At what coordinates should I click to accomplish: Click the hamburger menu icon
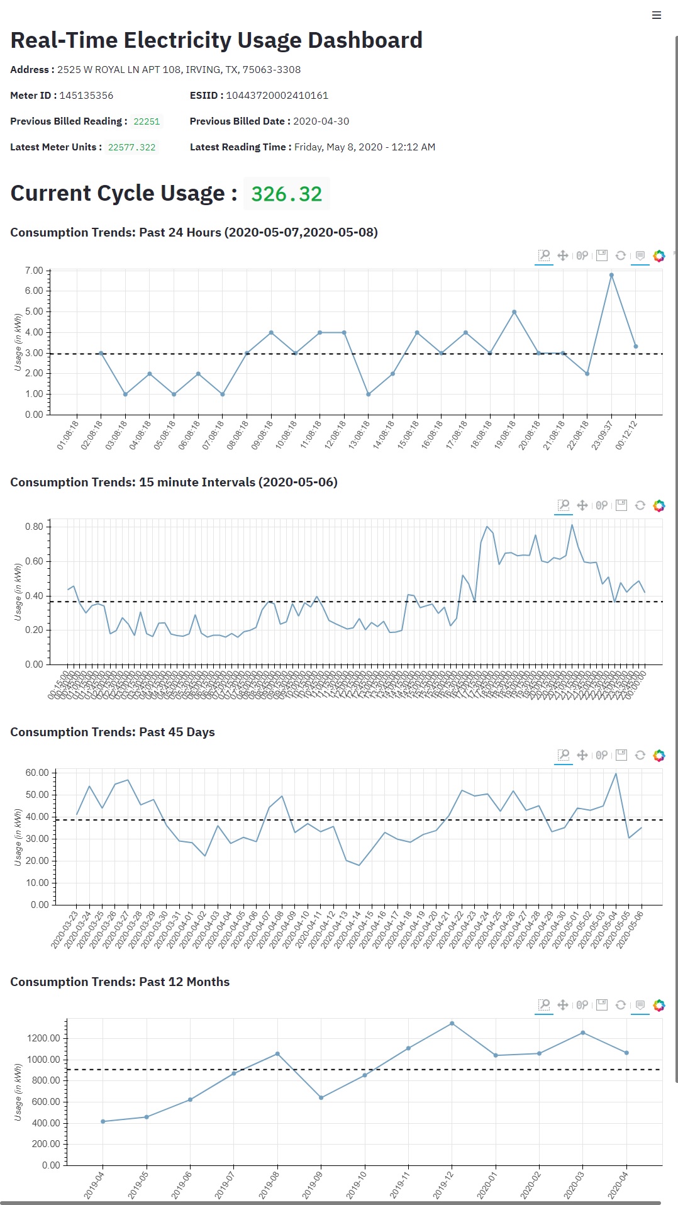[657, 15]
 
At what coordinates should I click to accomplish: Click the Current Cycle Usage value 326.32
[286, 194]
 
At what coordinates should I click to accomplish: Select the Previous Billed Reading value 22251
[147, 121]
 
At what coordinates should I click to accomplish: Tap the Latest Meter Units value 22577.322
[131, 147]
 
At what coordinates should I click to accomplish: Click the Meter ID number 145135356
[86, 96]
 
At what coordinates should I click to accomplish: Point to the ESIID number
[277, 96]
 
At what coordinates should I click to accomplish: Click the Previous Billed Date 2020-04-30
[321, 121]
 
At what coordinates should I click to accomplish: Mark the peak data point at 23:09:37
[611, 275]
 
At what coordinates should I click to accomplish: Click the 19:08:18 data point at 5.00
[514, 312]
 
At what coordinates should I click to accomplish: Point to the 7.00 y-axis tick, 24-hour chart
[34, 271]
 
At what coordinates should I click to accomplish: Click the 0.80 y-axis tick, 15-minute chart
[34, 527]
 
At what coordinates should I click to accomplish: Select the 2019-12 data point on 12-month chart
[452, 1024]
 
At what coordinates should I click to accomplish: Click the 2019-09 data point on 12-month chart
[321, 1098]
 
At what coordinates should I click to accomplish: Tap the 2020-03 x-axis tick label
[574, 1185]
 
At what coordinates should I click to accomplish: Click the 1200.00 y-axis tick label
[43, 1038]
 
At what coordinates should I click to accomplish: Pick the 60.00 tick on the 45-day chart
[37, 773]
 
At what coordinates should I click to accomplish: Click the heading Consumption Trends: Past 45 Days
[113, 732]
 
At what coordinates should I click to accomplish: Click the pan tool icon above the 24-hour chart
[563, 255]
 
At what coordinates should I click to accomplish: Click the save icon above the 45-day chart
[621, 755]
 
